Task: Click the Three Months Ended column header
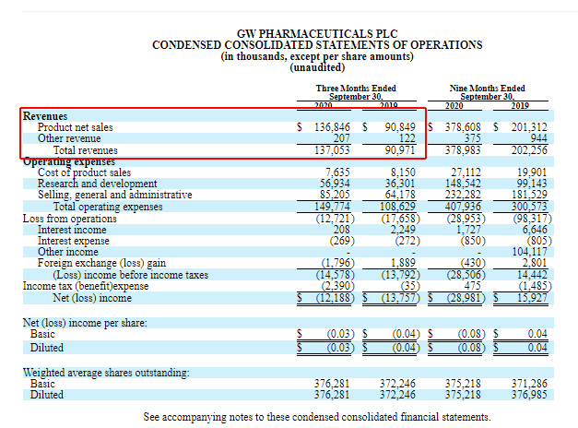[x=355, y=89]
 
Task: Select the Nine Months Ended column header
[x=488, y=89]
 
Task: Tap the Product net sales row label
[x=76, y=127]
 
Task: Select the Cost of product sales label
[x=84, y=172]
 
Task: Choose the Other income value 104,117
[x=526, y=251]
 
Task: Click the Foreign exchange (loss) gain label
[x=102, y=263]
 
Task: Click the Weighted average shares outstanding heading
[x=107, y=372]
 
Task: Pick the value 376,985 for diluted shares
[x=527, y=395]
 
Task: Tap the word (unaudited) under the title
[x=318, y=67]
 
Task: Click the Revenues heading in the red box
[x=45, y=116]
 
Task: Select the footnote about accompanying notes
[x=316, y=417]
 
